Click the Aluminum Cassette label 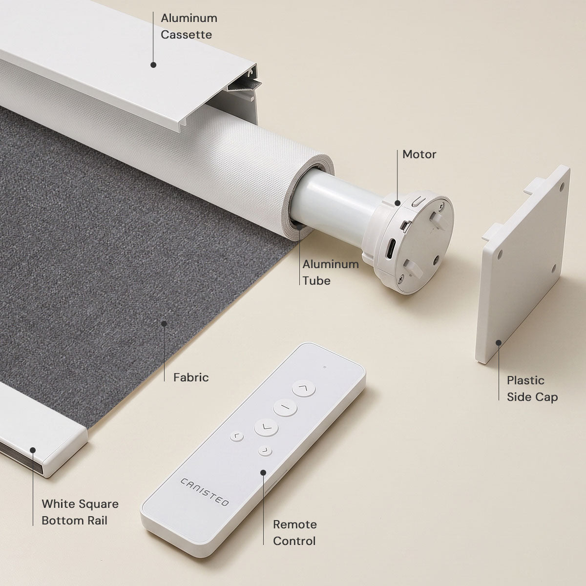189,26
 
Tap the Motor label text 419,154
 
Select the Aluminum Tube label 330,272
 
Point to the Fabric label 191,377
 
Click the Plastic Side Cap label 532,389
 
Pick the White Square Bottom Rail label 80,512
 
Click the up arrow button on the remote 303,389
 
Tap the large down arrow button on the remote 266,428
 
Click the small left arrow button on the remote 236,437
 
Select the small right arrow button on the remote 265,451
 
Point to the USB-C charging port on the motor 391,248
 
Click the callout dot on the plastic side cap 499,343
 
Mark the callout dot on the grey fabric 164,324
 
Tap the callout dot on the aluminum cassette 153,65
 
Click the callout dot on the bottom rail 33,450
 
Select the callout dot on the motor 397,203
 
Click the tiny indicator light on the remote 325,367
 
